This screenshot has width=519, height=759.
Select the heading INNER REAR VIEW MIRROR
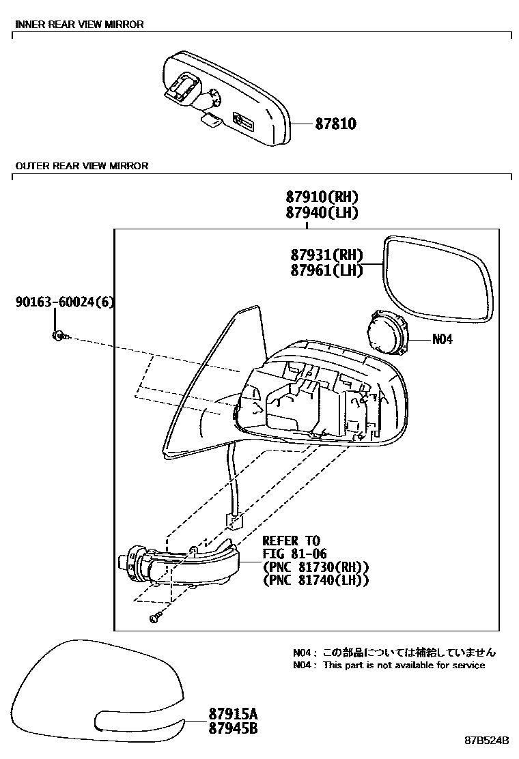[79, 25]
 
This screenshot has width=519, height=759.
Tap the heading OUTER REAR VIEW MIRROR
[81, 166]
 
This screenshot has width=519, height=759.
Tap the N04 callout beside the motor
[442, 339]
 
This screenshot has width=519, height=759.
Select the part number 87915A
[233, 714]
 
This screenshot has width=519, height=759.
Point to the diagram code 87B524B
[488, 741]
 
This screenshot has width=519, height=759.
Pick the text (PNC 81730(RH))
[315, 567]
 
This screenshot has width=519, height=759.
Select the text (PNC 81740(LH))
[315, 580]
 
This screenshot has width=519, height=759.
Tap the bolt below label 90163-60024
[59, 335]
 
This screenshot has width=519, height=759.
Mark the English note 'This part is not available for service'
[404, 665]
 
